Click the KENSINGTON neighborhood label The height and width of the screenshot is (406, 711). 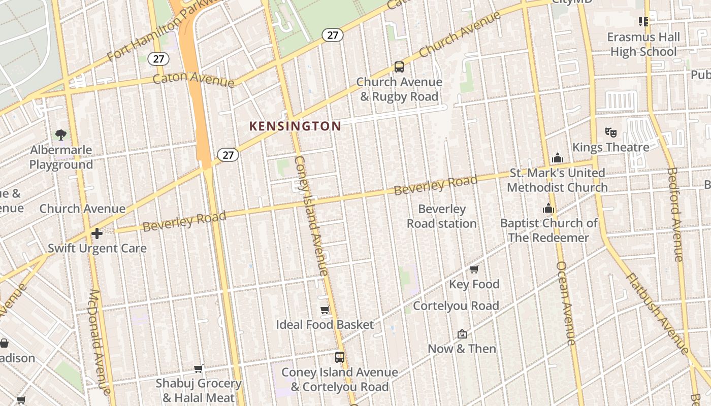(x=295, y=126)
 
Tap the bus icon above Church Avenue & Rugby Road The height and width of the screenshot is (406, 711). (x=399, y=67)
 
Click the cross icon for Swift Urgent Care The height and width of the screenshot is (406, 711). (x=97, y=233)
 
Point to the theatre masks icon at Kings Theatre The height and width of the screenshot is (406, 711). (x=611, y=132)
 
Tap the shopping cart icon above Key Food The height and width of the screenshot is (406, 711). (x=474, y=269)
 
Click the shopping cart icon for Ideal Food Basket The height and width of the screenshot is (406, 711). (x=325, y=310)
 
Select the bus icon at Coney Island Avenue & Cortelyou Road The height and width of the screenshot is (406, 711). (x=340, y=357)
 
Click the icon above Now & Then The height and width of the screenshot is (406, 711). (x=462, y=334)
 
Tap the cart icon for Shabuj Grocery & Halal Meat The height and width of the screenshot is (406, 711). (x=199, y=368)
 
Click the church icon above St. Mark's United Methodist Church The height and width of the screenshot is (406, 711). (x=558, y=158)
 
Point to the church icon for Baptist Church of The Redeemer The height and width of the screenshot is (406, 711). (x=548, y=208)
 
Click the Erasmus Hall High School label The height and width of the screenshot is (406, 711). (x=643, y=44)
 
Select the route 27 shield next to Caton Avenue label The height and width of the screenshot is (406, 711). (x=158, y=59)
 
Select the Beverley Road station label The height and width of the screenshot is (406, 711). (x=441, y=216)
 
